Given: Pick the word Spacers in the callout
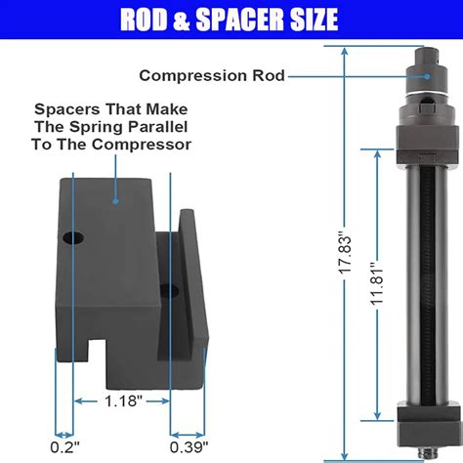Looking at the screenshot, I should coord(65,108).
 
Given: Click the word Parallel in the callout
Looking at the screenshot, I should coord(154,128).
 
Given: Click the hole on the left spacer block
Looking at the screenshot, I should coord(69,237).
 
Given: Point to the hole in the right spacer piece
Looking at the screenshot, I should coord(172,289).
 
